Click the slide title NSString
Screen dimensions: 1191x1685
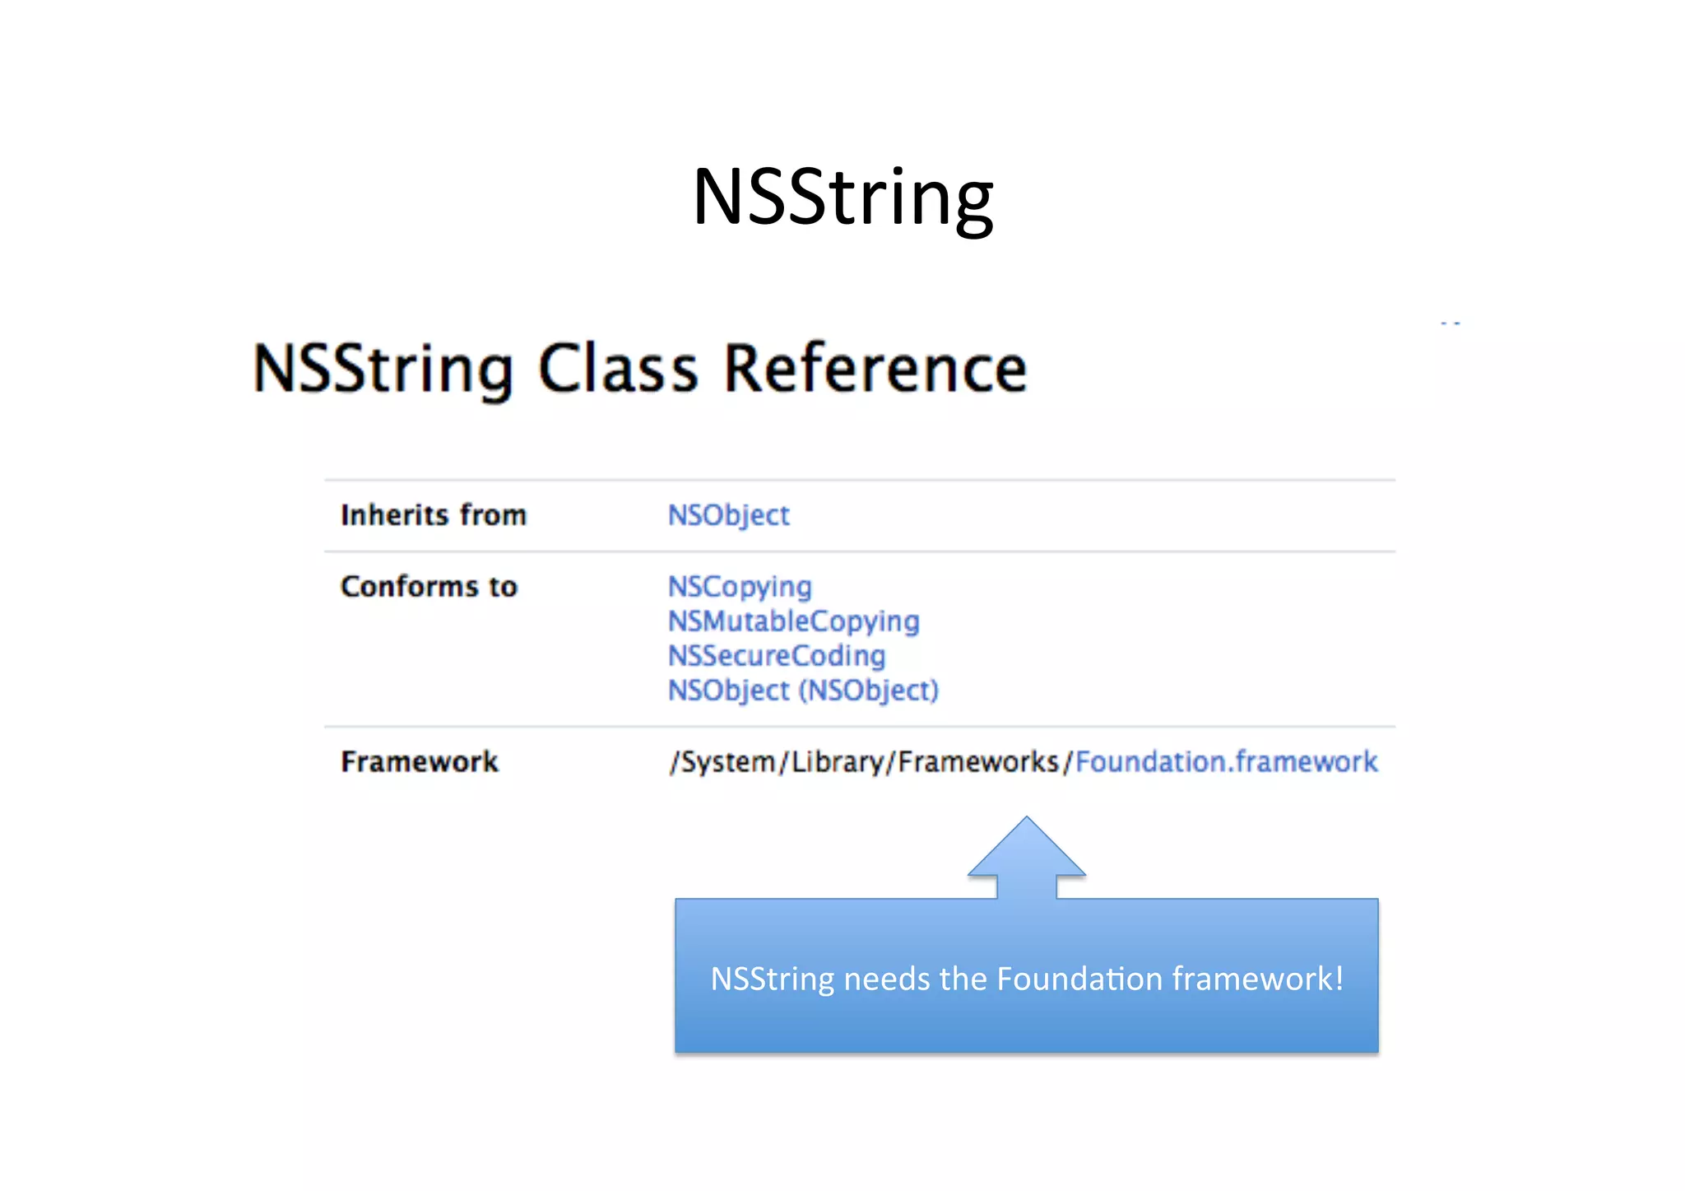(842, 198)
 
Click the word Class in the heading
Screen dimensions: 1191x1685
(618, 369)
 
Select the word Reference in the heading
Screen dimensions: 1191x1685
(875, 369)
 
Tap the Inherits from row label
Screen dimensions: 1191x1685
(434, 515)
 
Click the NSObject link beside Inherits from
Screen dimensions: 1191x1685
(728, 515)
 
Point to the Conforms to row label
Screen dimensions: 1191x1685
(429, 587)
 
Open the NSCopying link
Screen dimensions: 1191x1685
(740, 587)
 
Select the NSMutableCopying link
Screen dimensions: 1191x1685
(793, 621)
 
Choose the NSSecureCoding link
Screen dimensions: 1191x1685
(777, 656)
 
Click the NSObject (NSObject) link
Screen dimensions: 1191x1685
(803, 691)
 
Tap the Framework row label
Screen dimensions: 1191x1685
(420, 762)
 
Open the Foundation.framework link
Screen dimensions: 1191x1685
(1226, 762)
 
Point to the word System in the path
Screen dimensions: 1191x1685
(728, 762)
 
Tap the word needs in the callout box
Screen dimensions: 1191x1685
(888, 979)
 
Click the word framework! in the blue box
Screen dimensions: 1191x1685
(1257, 979)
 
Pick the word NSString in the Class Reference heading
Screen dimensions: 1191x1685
(383, 369)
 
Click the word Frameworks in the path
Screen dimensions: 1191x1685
(978, 762)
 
